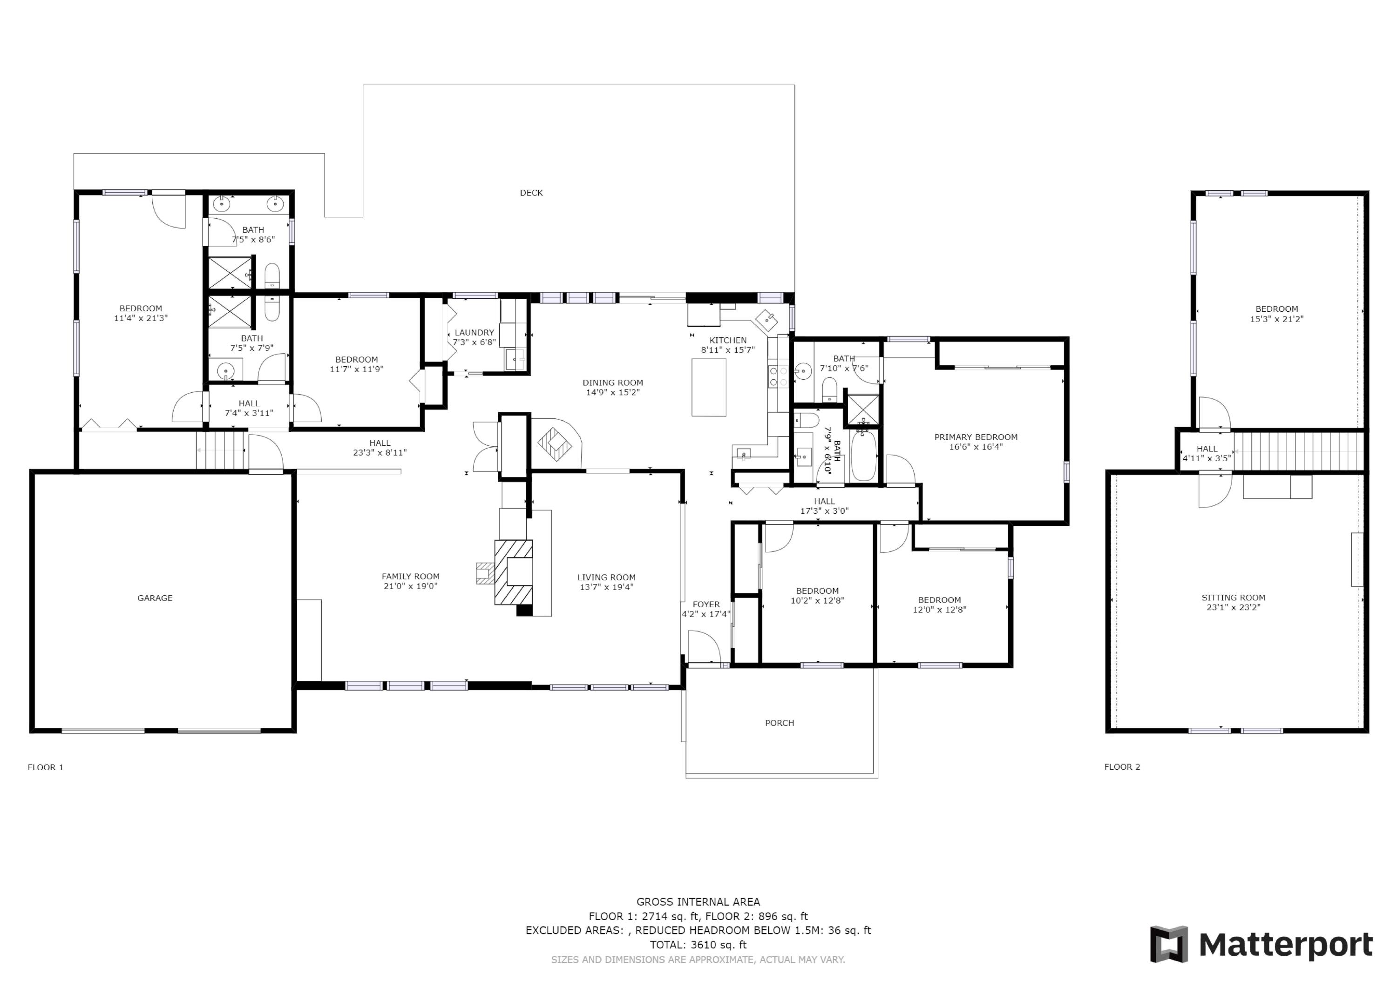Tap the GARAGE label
click(x=155, y=598)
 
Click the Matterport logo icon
click(x=1168, y=945)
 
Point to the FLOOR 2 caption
click(x=1122, y=767)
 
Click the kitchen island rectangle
click(x=708, y=387)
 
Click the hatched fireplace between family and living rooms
click(x=513, y=571)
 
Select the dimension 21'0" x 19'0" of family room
click(x=410, y=586)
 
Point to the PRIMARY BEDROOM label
click(x=976, y=437)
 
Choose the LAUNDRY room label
click(x=474, y=333)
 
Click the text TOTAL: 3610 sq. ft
click(x=698, y=945)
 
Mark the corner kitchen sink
click(x=766, y=317)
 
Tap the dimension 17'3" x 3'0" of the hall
click(x=824, y=511)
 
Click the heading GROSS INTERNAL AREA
click(x=698, y=902)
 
